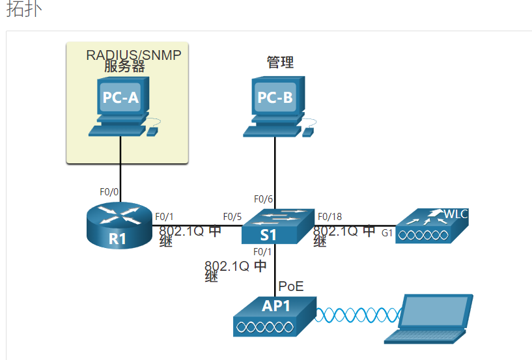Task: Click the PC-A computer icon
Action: point(120,104)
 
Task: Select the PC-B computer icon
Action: point(275,105)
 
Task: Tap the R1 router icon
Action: point(117,225)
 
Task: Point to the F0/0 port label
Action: point(109,192)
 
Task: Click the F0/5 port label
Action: point(232,217)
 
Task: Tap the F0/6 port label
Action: point(263,199)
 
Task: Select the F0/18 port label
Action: point(329,217)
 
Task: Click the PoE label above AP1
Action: point(291,286)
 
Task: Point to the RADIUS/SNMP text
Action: point(133,55)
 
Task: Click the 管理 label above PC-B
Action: point(280,62)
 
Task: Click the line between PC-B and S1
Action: point(275,169)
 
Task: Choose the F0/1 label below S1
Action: point(262,252)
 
